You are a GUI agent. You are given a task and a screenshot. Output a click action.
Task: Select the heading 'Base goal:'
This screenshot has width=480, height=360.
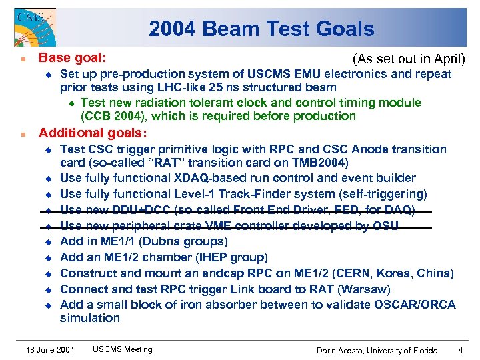pyautogui.click(x=73, y=59)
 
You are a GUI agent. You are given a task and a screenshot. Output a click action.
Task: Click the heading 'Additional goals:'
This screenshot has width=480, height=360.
pyautogui.click(x=93, y=133)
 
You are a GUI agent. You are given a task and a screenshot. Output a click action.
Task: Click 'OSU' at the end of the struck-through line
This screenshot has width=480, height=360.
pyautogui.click(x=385, y=226)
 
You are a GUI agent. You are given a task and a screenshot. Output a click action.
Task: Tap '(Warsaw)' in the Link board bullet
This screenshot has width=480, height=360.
pyautogui.click(x=365, y=289)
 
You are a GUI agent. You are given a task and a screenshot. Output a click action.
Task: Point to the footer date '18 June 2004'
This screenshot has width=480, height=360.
pyautogui.click(x=50, y=349)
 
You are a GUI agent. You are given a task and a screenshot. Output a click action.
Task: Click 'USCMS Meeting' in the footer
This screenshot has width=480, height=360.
pyautogui.click(x=122, y=349)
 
